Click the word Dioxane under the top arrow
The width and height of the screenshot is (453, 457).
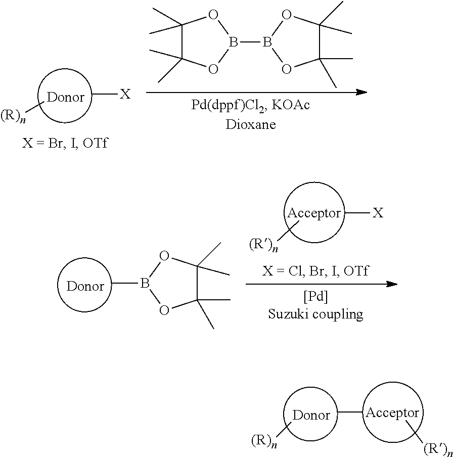251,124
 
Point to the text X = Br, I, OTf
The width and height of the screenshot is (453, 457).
65,143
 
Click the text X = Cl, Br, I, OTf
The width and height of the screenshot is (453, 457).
315,271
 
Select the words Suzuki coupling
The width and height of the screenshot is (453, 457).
315,314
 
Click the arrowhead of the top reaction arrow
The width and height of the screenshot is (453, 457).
361,92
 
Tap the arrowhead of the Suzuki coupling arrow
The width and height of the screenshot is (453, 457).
392,284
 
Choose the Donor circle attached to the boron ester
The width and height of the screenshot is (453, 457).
85,286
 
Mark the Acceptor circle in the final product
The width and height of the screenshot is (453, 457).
392,413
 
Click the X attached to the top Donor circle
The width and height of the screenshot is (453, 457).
124,94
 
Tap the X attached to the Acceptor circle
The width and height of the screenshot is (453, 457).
378,213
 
